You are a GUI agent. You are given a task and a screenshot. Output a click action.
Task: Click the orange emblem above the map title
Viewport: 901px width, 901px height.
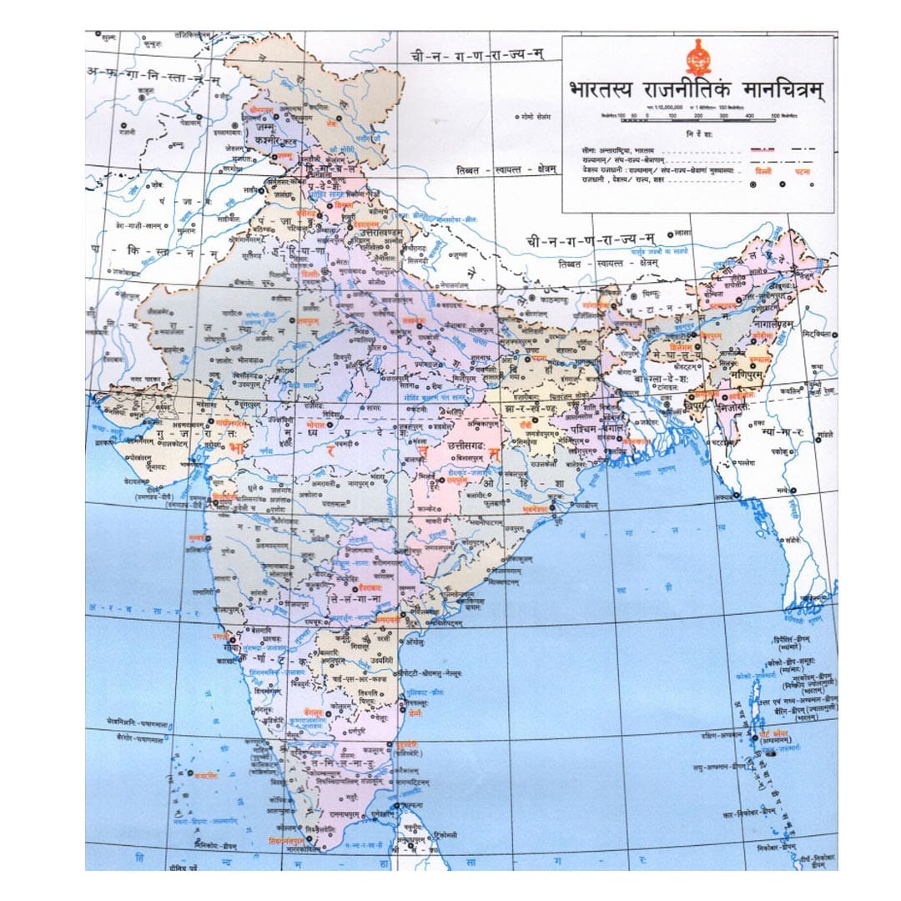coord(697,58)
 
